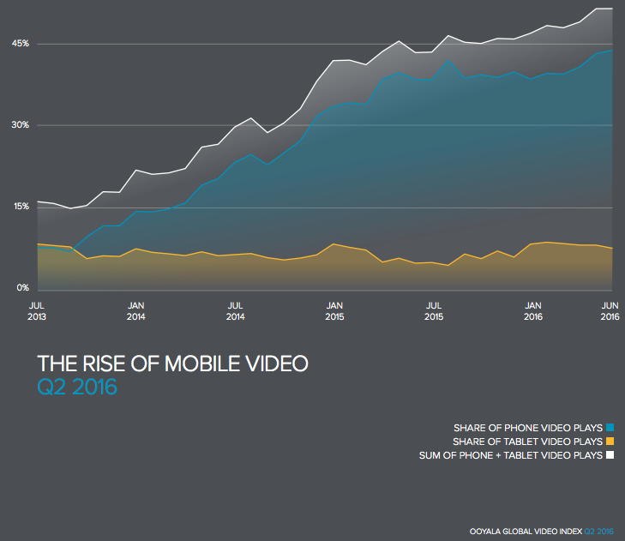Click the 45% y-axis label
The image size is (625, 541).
tap(21, 44)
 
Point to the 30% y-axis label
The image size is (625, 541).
tap(21, 125)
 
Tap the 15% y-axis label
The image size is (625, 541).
tap(21, 207)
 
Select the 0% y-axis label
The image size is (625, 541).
tap(23, 289)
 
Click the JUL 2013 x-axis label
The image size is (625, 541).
tap(37, 310)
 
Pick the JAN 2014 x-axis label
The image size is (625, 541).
tap(135, 310)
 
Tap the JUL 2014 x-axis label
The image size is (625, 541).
tap(236, 310)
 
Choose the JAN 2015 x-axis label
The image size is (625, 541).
tap(335, 310)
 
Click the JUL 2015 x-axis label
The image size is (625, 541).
tap(435, 310)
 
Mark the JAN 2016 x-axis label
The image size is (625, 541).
tap(533, 310)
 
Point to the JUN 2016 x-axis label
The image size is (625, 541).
tap(610, 310)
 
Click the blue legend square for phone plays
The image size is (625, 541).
tap(610, 427)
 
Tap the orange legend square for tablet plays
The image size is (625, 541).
tap(610, 441)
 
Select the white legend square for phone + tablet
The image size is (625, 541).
tap(610, 455)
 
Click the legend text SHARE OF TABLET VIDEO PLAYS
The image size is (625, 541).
tap(528, 441)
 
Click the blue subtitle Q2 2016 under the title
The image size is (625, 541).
tap(77, 388)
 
